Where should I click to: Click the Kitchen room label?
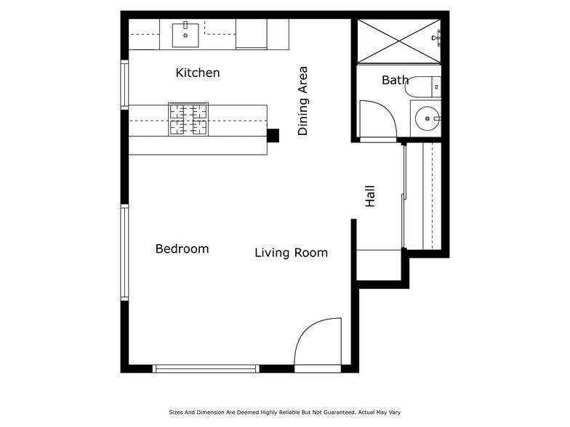click(x=198, y=73)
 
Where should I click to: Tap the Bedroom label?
click(x=182, y=249)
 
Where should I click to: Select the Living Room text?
click(x=291, y=253)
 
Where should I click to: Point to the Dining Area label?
click(x=303, y=101)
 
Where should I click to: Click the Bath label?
click(x=395, y=80)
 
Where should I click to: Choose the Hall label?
click(x=370, y=196)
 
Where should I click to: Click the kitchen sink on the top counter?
click(x=185, y=33)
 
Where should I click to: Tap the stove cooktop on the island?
click(x=188, y=120)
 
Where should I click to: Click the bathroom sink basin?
click(x=427, y=118)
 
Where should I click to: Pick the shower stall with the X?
click(x=398, y=41)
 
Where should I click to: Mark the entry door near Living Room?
click(x=318, y=343)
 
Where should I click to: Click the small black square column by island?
click(x=273, y=135)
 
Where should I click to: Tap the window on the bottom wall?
click(x=206, y=369)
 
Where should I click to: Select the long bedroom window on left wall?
click(x=124, y=252)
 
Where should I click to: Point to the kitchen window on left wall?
click(x=124, y=84)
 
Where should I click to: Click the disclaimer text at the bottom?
click(x=284, y=411)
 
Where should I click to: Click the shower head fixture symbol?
click(x=436, y=37)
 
